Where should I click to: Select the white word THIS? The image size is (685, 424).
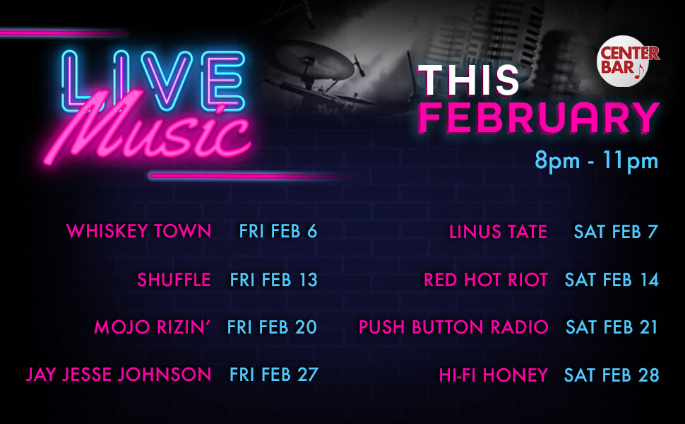pyautogui.click(x=468, y=80)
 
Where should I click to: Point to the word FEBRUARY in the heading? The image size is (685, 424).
pyautogui.click(x=538, y=119)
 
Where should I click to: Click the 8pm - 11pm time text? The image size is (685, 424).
pyautogui.click(x=596, y=161)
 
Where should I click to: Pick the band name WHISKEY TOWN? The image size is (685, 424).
pyautogui.click(x=138, y=231)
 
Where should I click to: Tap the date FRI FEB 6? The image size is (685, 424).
pyautogui.click(x=278, y=231)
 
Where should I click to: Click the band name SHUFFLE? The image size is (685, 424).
pyautogui.click(x=174, y=280)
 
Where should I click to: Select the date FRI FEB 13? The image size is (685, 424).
pyautogui.click(x=273, y=280)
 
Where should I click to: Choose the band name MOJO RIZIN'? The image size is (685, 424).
pyautogui.click(x=153, y=327)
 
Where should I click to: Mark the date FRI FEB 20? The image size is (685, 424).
pyautogui.click(x=272, y=327)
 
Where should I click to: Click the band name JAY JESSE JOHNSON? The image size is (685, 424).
pyautogui.click(x=119, y=374)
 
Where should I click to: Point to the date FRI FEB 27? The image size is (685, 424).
pyautogui.click(x=273, y=374)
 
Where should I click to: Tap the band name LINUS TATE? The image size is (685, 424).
pyautogui.click(x=498, y=232)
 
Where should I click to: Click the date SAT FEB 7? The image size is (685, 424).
pyautogui.click(x=616, y=232)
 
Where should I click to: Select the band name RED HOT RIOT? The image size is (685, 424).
pyautogui.click(x=485, y=280)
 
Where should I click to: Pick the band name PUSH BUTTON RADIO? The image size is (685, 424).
pyautogui.click(x=453, y=327)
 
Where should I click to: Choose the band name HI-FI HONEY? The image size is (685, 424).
pyautogui.click(x=493, y=375)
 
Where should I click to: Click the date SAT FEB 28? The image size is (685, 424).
pyautogui.click(x=611, y=375)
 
